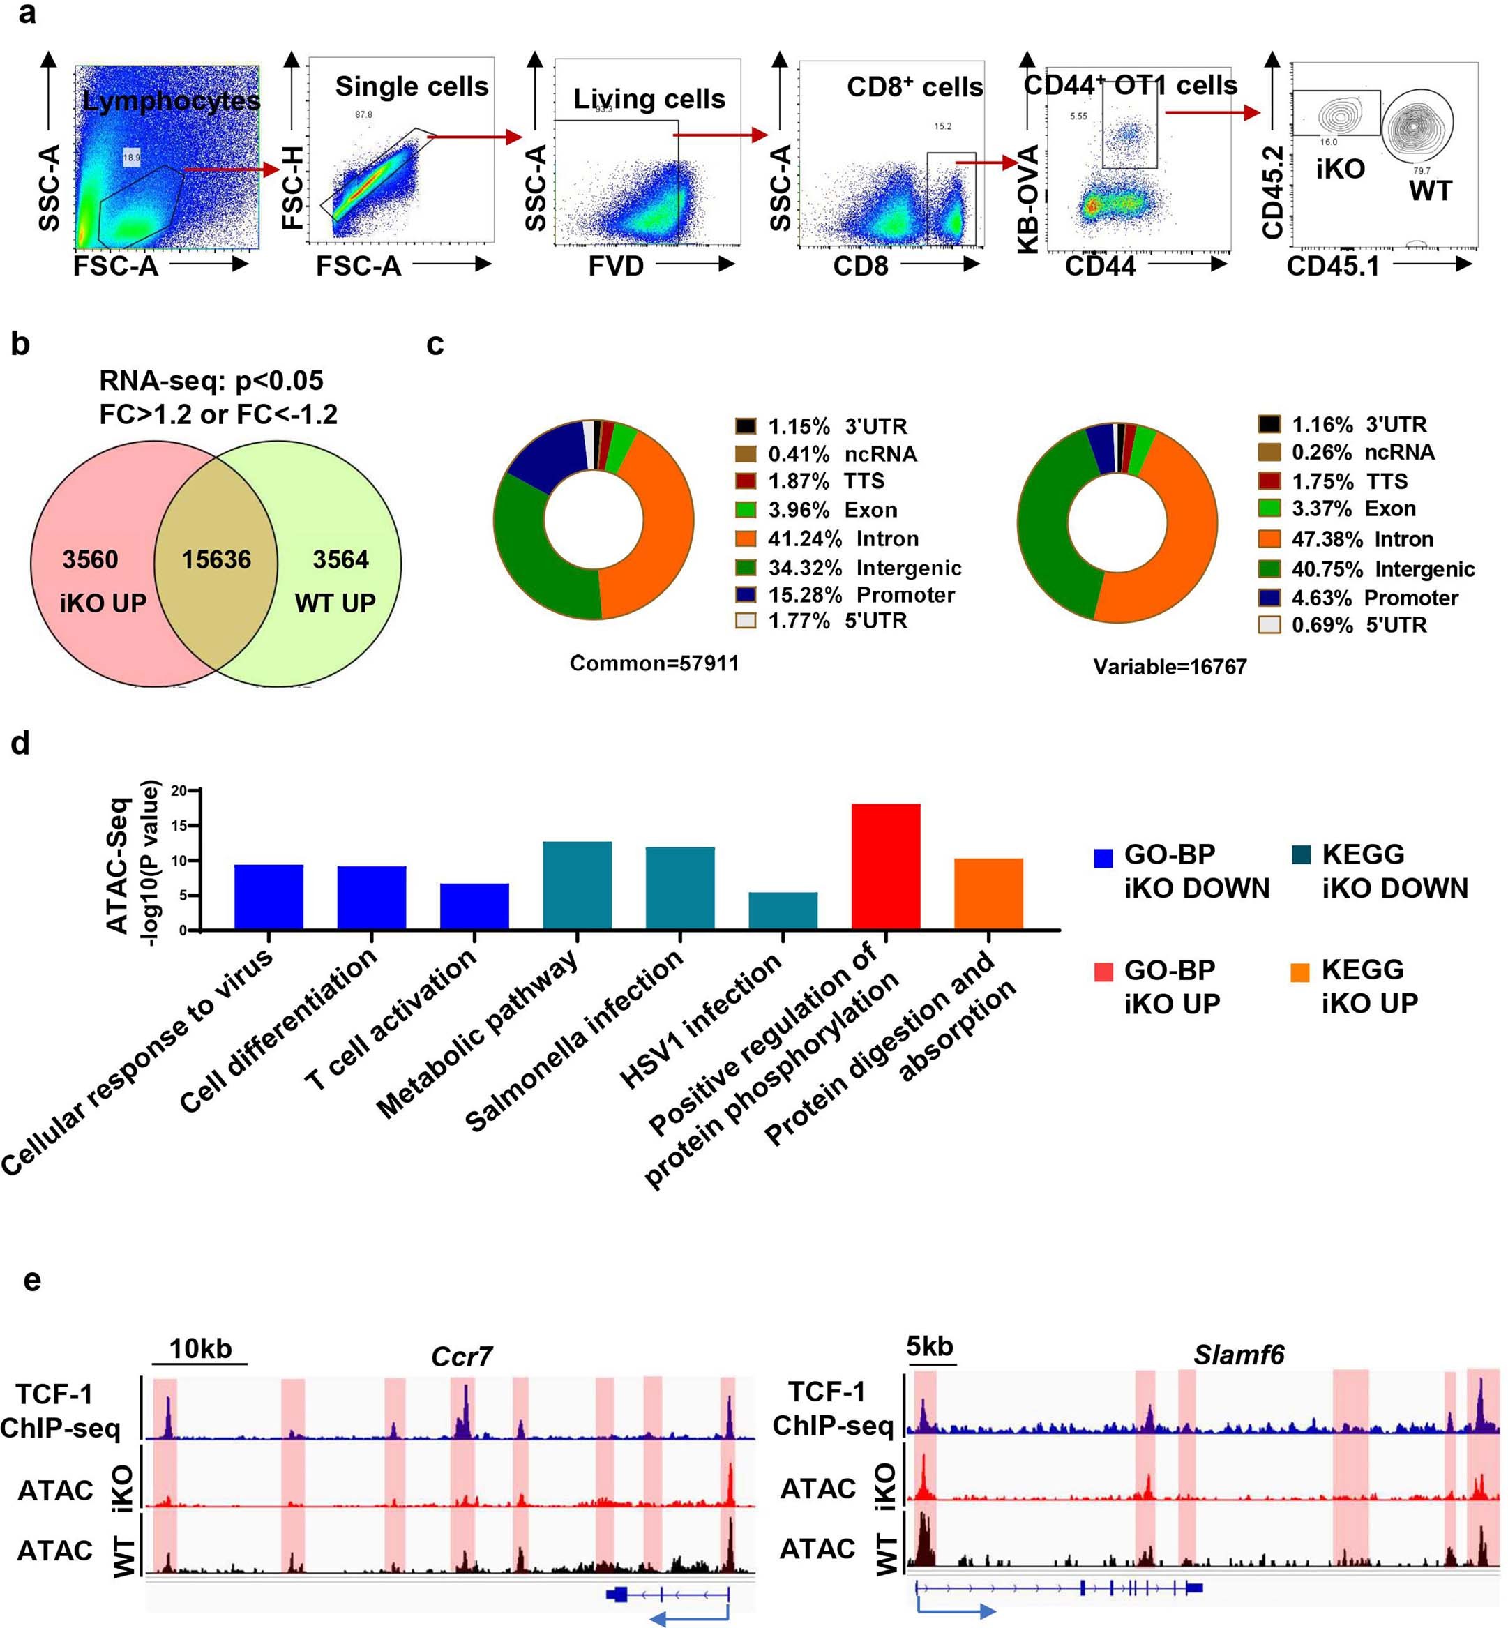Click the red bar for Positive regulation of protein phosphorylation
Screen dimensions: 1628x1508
point(885,866)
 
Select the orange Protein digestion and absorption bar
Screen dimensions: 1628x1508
point(988,894)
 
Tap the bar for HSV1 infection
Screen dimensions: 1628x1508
point(783,911)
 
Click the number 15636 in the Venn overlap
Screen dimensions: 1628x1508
point(216,560)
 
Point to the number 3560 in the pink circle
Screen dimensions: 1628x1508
point(90,560)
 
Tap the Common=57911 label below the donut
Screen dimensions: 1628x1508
point(654,663)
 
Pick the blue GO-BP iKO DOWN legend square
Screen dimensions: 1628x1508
point(1103,858)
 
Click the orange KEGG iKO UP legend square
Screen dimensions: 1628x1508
point(1300,972)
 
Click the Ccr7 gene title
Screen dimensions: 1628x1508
point(461,1357)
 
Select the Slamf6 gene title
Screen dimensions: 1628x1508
point(1238,1355)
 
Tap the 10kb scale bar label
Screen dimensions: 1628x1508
point(200,1349)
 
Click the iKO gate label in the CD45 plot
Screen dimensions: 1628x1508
point(1340,169)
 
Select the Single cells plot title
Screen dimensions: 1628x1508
point(412,86)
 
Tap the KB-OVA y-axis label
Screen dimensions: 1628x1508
point(1029,199)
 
